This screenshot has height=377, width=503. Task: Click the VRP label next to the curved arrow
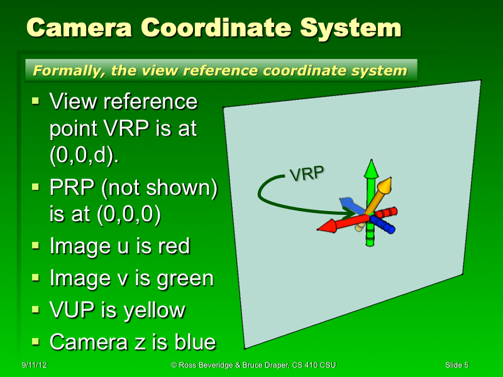(x=306, y=173)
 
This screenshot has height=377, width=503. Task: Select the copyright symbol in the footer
(x=174, y=365)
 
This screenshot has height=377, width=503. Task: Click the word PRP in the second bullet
(x=68, y=188)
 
